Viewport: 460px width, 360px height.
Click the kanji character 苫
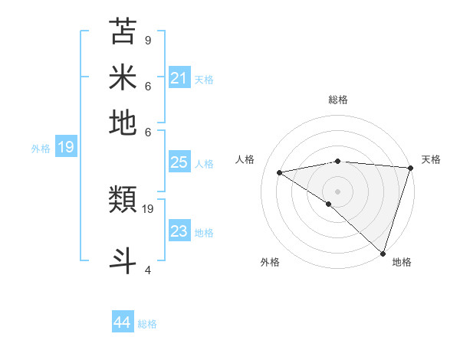click(x=123, y=32)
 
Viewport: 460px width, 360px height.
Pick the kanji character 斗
click(x=123, y=258)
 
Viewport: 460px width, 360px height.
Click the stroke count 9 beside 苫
click(x=147, y=40)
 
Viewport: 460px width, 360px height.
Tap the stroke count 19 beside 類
click(x=149, y=208)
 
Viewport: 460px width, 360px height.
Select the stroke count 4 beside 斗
click(x=147, y=270)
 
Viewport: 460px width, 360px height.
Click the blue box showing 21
click(x=179, y=77)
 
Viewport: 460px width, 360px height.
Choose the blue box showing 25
click(x=179, y=162)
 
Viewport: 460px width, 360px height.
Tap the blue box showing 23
click(x=179, y=231)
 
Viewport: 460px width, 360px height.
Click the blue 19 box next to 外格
click(x=66, y=147)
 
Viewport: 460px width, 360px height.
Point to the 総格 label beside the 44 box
click(x=147, y=324)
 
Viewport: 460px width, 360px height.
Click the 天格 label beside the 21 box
click(x=204, y=79)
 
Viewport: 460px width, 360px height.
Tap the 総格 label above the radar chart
click(x=337, y=100)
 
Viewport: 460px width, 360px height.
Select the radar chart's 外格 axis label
click(x=270, y=263)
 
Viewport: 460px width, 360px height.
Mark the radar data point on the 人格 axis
click(x=280, y=172)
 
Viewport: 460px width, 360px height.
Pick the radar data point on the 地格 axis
click(x=383, y=253)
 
